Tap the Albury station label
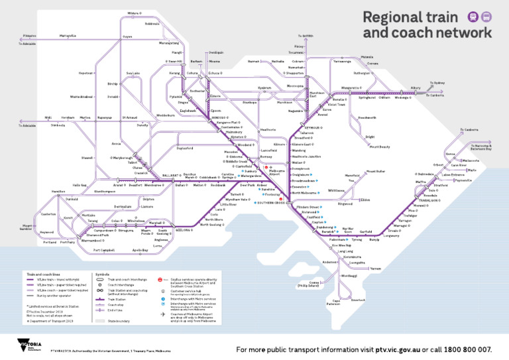click(x=416, y=88)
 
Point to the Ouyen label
click(x=128, y=36)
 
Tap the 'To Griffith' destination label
click(x=306, y=36)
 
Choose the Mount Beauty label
click(x=380, y=146)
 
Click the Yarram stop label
click(x=376, y=269)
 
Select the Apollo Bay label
click(x=140, y=250)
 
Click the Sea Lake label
click(x=133, y=73)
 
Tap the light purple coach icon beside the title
click(x=486, y=17)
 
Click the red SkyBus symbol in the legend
click(x=161, y=280)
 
